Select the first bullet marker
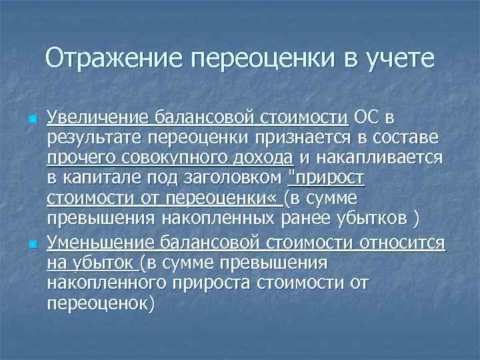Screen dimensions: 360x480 33,120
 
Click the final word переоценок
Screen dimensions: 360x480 101,304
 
